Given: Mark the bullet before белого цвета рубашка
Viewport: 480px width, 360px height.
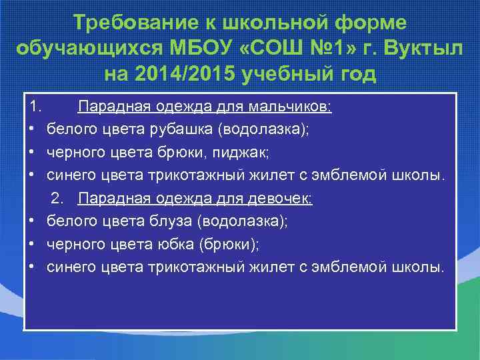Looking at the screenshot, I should point(32,129).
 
